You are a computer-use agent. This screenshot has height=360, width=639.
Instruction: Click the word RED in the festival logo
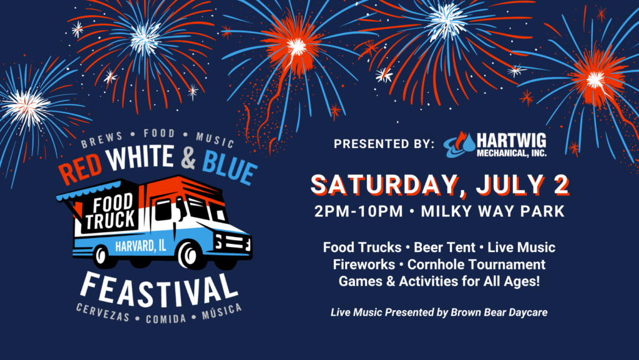[x=80, y=168]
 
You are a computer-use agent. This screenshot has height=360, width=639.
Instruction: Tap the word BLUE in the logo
[x=230, y=168]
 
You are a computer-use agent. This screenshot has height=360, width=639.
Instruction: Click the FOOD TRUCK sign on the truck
[x=110, y=212]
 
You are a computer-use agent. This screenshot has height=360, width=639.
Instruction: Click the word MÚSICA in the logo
[x=222, y=312]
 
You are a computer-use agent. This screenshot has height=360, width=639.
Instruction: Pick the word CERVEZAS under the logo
[x=103, y=313]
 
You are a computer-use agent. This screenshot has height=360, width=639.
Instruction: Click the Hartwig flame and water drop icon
[x=460, y=145]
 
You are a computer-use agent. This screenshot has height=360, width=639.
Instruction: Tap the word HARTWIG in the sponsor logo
[x=512, y=141]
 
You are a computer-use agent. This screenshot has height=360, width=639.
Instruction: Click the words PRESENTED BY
[x=384, y=144]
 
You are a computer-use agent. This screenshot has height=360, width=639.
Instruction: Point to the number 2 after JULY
[x=561, y=185]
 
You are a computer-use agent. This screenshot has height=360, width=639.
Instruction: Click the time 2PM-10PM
[x=359, y=212]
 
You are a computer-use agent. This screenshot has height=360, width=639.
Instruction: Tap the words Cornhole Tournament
[x=476, y=265]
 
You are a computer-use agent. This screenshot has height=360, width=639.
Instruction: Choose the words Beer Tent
[x=444, y=247]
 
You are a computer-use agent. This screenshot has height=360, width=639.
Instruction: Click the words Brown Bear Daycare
[x=499, y=313]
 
